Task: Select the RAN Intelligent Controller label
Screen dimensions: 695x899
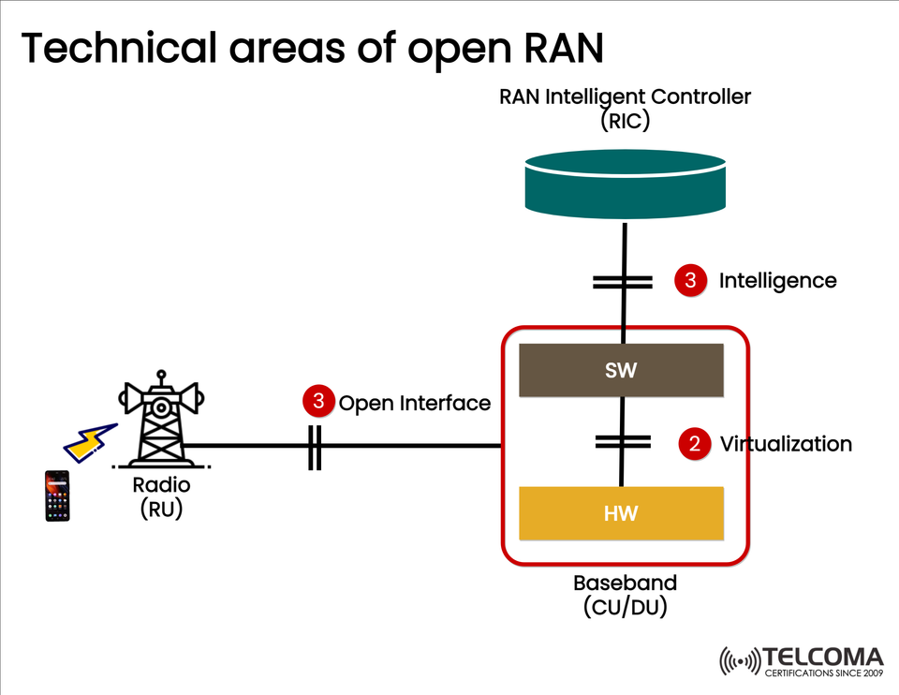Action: coord(625,96)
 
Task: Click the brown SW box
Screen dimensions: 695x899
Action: coord(621,370)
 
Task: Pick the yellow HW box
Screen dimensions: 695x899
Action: coord(621,513)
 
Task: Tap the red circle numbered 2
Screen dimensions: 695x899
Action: coord(694,444)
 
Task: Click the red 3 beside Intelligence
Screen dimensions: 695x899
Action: coord(690,280)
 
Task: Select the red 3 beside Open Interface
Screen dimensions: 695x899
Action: coord(318,402)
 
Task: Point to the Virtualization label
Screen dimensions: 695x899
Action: coord(785,444)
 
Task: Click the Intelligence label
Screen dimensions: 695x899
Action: coord(777,280)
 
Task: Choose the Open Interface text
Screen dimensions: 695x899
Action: coord(414,403)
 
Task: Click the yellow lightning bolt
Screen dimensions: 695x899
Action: coord(88,443)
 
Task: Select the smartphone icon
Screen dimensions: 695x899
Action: coord(57,495)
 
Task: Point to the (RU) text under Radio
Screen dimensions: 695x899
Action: coord(161,510)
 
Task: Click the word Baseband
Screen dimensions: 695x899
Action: coord(625,583)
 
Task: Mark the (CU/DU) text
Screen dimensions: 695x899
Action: coord(625,607)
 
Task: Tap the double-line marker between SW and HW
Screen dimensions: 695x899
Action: coord(622,442)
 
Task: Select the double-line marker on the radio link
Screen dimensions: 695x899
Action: coord(315,446)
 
